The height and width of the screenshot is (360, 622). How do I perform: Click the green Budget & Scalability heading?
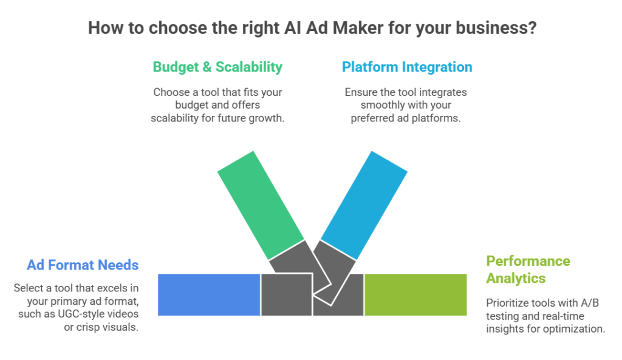click(x=217, y=67)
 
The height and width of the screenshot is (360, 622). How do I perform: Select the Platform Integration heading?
click(x=407, y=67)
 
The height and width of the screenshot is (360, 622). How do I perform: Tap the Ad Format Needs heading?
click(x=83, y=265)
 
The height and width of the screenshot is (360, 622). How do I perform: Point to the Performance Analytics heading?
click(x=528, y=270)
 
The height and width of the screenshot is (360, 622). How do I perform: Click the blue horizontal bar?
click(x=209, y=294)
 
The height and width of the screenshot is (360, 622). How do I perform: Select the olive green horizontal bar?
click(x=415, y=294)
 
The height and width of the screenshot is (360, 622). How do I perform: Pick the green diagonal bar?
click(x=260, y=203)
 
